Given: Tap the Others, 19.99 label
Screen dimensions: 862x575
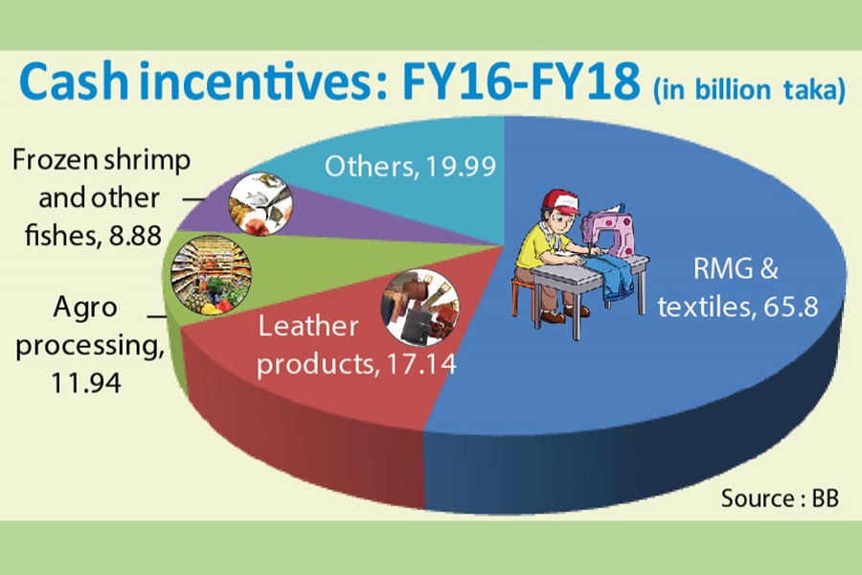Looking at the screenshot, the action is pos(410,166).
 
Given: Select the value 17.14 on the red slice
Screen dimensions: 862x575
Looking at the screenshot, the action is pos(421,363).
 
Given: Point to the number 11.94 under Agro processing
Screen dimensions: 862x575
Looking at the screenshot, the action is pos(86,382).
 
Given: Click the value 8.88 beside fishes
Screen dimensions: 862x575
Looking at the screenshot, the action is pos(135,236).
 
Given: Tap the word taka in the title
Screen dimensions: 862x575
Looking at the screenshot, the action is pos(812,90).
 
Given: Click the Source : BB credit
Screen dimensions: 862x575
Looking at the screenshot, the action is pos(780,498).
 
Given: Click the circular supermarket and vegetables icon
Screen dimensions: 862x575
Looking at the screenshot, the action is pos(212,275).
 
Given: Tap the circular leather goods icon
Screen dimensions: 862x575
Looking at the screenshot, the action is pos(420,308).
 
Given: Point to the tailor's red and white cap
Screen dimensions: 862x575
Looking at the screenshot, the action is pos(563,202).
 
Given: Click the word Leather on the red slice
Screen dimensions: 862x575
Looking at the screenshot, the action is pos(308,326).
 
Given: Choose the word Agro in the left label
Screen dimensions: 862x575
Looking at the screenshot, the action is pos(85,309).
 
